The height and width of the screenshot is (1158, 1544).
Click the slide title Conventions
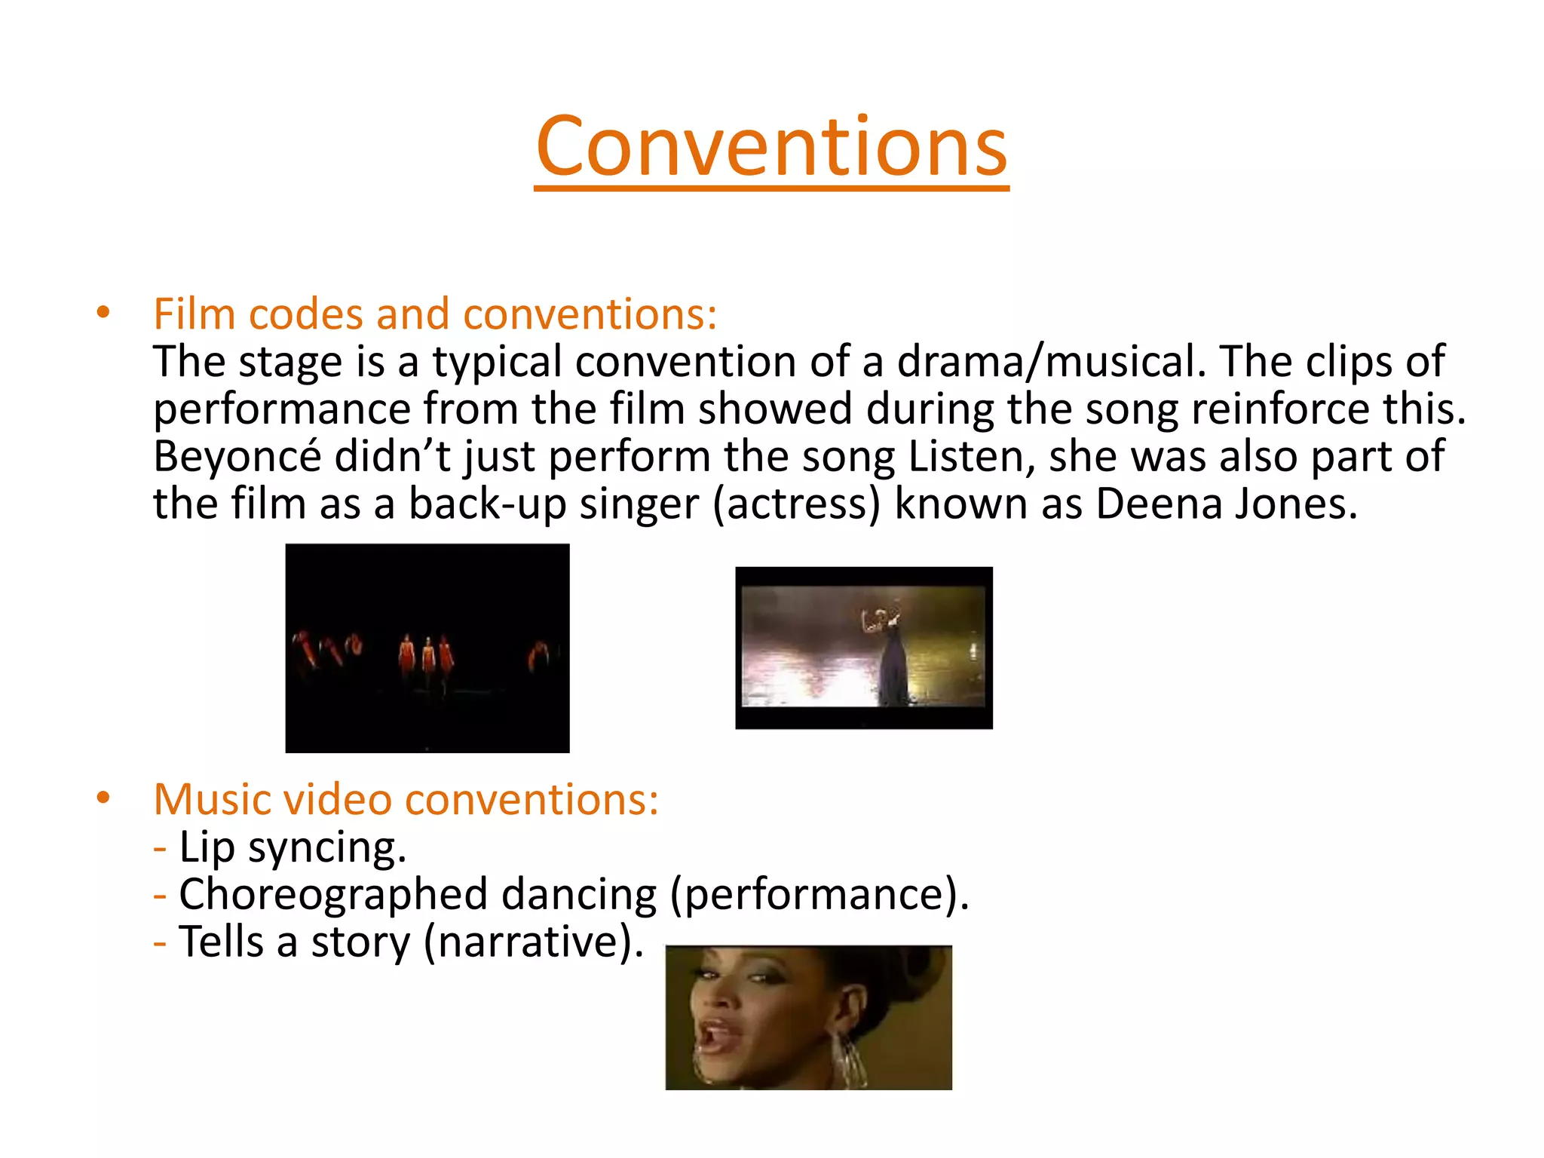point(771,146)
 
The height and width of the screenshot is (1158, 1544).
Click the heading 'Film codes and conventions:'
point(435,314)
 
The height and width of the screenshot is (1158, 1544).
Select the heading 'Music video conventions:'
point(406,799)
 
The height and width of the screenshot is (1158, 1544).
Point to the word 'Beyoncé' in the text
point(237,456)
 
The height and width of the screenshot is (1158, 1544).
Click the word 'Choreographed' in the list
point(333,894)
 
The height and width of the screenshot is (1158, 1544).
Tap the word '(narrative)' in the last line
point(534,942)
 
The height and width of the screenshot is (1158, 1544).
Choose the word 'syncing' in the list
point(327,847)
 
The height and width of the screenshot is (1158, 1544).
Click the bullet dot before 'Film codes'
point(103,312)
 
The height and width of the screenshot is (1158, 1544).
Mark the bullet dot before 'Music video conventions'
point(103,798)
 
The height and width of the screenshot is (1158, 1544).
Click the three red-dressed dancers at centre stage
point(426,657)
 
